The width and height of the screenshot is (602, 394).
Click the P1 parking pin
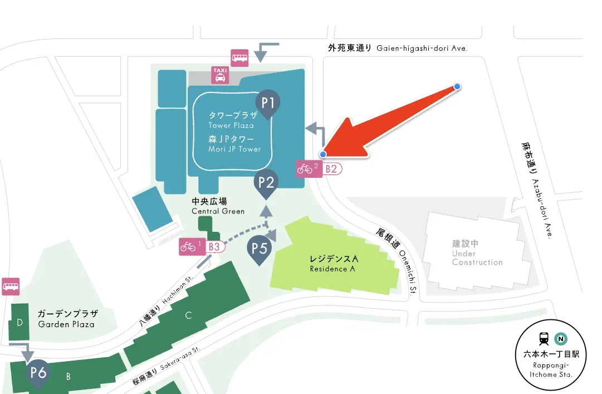tap(268, 103)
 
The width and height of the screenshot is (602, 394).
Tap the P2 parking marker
tap(266, 182)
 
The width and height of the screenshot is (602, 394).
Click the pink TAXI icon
tap(219, 75)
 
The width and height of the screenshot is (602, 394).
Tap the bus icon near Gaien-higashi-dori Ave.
tap(239, 57)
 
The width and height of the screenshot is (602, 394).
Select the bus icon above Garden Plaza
tap(11, 286)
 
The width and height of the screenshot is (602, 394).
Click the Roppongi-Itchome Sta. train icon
tap(544, 338)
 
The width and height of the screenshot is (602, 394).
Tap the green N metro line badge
tap(560, 338)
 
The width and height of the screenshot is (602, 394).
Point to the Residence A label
tap(334, 264)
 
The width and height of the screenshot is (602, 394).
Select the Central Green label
tap(218, 206)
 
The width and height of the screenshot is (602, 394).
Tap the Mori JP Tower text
tap(234, 144)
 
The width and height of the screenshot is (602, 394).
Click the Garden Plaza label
tap(67, 318)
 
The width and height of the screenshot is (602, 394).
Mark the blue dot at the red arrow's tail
tap(457, 86)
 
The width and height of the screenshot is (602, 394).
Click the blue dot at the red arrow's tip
tap(323, 154)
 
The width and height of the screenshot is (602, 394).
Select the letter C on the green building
tap(188, 316)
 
